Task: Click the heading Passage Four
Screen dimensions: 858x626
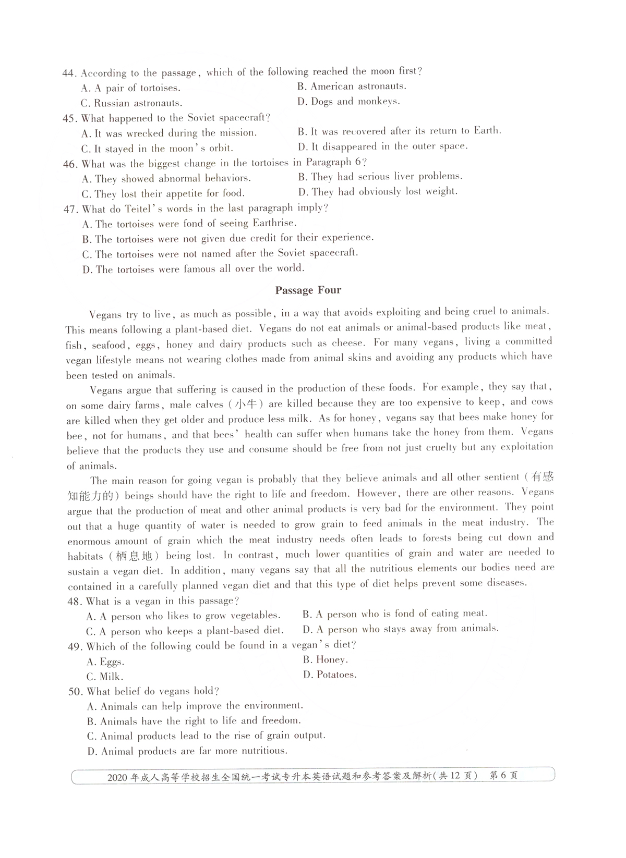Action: [x=308, y=290]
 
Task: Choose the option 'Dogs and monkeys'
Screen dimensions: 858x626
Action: [x=348, y=102]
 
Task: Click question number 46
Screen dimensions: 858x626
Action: [x=70, y=164]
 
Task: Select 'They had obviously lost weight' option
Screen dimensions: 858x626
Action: [x=378, y=192]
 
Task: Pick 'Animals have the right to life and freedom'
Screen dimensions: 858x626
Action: [x=194, y=721]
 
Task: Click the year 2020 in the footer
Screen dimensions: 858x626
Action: [x=117, y=777]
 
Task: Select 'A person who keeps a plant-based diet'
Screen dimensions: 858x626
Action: [x=185, y=631]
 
